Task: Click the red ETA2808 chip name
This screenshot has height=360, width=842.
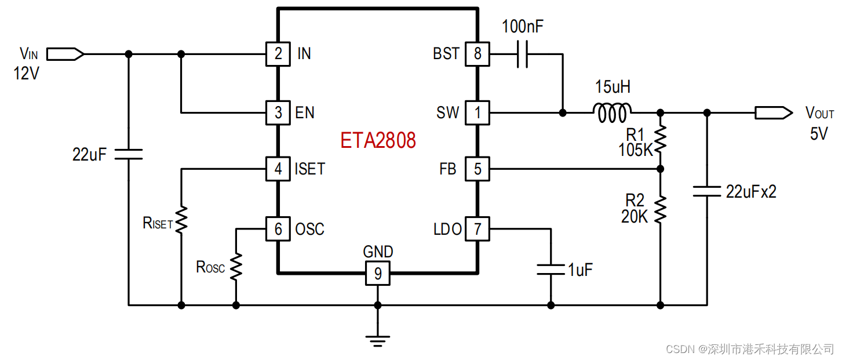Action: click(378, 141)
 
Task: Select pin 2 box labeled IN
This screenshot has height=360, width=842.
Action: click(278, 54)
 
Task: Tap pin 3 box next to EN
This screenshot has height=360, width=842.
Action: click(278, 112)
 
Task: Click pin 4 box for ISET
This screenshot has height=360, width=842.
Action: click(278, 169)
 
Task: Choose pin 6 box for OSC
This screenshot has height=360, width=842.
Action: click(278, 229)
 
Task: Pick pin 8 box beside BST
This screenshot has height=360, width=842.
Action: click(478, 54)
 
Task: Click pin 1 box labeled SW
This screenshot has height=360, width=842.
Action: click(478, 112)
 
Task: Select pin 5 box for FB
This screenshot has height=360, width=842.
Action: click(478, 169)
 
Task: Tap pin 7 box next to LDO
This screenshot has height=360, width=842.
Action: click(478, 229)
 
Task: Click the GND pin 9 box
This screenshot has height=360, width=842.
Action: click(378, 273)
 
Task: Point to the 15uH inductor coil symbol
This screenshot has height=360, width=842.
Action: click(611, 112)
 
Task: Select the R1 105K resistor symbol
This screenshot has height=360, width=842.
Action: click(660, 140)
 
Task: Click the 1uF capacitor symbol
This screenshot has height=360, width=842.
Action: click(551, 269)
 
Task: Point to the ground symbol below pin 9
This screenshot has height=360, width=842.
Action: click(378, 340)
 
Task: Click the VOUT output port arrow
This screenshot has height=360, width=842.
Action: click(773, 112)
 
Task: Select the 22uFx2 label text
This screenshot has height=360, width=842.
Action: click(751, 192)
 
